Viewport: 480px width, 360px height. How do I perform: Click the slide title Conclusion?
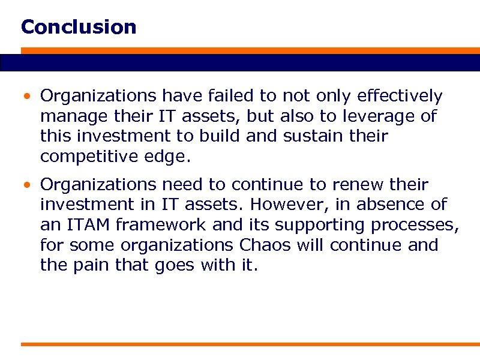pyautogui.click(x=79, y=27)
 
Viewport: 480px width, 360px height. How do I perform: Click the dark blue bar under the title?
pyautogui.click(x=240, y=62)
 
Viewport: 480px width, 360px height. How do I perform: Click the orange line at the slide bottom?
pyautogui.click(x=240, y=344)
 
